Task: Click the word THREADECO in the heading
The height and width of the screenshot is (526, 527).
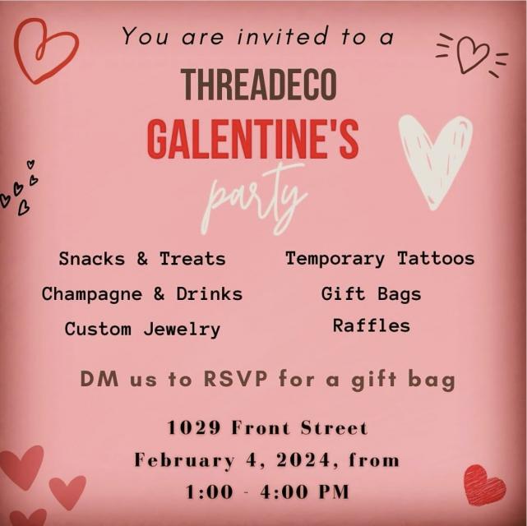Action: (x=259, y=84)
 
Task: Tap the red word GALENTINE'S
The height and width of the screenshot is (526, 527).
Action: (x=252, y=139)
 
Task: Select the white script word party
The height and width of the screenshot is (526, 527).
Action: (x=254, y=199)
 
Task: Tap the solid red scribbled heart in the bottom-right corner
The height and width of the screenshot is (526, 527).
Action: (x=484, y=485)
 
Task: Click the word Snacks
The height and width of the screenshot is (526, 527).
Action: (x=91, y=259)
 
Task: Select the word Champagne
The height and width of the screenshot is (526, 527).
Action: (x=92, y=294)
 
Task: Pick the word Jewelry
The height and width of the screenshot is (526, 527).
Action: (x=182, y=330)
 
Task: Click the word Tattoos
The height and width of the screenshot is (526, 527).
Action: (x=436, y=259)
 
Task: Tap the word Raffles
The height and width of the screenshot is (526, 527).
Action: (x=372, y=325)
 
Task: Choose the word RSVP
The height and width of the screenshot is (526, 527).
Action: (x=236, y=379)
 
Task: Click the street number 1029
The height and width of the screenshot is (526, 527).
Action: (x=194, y=428)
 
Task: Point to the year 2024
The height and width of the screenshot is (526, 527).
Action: (x=303, y=460)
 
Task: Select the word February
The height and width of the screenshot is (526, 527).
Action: (x=184, y=460)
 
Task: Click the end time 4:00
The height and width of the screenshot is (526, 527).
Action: (x=284, y=492)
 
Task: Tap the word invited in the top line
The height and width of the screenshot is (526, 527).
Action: (x=282, y=36)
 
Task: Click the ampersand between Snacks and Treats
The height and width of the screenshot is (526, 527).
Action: (x=142, y=259)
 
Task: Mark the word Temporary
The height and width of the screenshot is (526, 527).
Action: (x=335, y=260)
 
